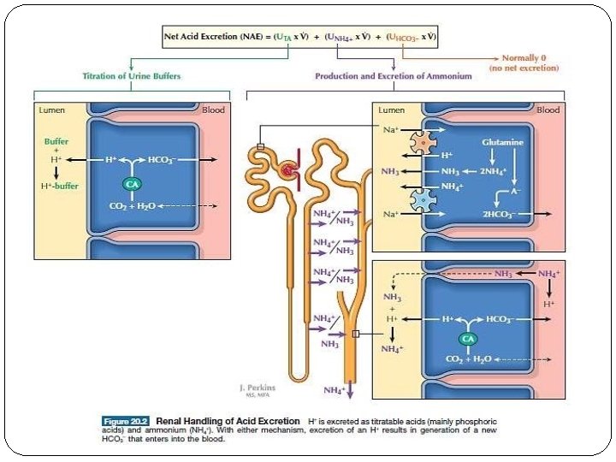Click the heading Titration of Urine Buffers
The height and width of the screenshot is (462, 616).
[131, 76]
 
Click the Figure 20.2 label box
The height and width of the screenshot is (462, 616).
[127, 421]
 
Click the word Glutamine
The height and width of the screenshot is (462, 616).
[503, 141]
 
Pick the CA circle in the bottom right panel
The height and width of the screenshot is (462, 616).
[468, 338]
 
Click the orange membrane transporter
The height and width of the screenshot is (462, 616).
[421, 143]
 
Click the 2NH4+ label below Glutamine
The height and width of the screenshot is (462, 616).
[493, 171]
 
